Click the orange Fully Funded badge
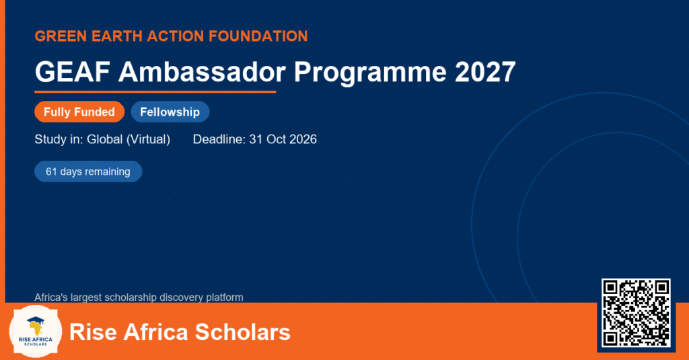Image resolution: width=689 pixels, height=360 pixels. coord(79,112)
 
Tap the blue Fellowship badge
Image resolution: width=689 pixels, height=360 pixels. coord(170,112)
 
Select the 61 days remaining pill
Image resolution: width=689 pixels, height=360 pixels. coord(88,172)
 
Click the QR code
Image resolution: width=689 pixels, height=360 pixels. coord(636,312)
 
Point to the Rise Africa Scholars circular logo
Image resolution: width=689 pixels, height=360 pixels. coord(35,332)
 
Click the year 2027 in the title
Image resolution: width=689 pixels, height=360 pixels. coord(485,71)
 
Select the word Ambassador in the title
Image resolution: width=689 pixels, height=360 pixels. coord(202,71)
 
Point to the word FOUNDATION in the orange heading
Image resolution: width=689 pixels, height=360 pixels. coord(258,36)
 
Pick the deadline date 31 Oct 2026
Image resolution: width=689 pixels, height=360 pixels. coord(283,139)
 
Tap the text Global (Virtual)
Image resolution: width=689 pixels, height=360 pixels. coord(129,140)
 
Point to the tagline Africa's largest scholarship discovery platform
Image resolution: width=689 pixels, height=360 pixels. coord(139,297)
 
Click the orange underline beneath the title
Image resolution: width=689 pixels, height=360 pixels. coord(155,92)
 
